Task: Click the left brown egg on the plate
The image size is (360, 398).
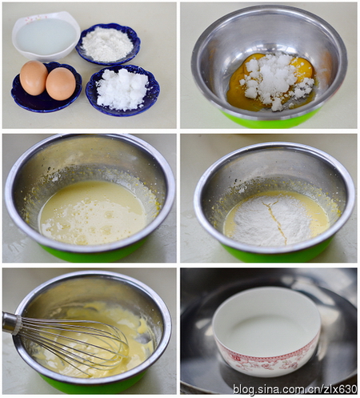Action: tap(34, 78)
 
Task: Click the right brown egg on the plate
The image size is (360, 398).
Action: tap(61, 84)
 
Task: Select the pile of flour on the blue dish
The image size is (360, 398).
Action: tap(107, 44)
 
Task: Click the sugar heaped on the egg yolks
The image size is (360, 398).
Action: tap(278, 80)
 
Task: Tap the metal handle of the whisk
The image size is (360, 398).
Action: tap(11, 324)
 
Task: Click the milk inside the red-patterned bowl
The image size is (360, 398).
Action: tap(266, 331)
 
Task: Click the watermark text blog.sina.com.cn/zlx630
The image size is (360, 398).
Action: tap(295, 389)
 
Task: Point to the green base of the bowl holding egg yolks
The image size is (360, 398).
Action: tap(270, 119)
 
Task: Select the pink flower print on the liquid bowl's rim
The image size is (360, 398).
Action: tap(30, 18)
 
